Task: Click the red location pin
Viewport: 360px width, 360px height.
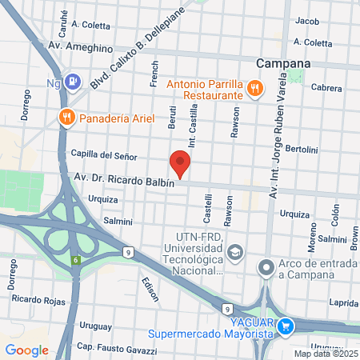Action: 181,162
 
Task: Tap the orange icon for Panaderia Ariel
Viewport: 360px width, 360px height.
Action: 67,117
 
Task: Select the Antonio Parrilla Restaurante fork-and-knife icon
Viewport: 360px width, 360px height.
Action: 254,88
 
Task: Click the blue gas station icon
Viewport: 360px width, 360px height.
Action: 74,80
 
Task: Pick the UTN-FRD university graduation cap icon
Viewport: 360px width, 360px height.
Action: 234,253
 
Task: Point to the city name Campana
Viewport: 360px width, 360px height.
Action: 283,63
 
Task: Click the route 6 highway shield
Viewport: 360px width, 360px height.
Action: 74,260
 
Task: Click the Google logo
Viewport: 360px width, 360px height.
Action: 26,350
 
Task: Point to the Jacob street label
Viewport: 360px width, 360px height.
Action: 307,21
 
